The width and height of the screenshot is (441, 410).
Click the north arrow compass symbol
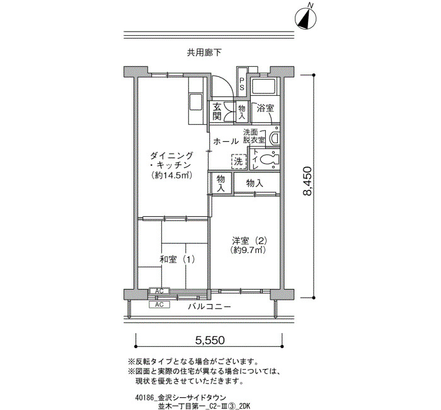click(306, 18)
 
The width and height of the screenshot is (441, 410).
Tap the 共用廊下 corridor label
click(204, 52)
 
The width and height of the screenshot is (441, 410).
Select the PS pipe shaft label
click(241, 84)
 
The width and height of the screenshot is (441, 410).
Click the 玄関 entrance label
click(217, 112)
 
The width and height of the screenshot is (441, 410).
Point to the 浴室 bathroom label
click(265, 108)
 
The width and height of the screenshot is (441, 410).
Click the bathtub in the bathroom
click(263, 86)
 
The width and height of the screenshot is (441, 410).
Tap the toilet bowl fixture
click(268, 160)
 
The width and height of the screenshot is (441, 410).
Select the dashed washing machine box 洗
click(239, 161)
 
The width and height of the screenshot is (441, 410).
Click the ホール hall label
click(226, 141)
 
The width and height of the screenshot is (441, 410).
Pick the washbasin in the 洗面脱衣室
click(274, 138)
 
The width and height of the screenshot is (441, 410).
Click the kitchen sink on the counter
click(196, 102)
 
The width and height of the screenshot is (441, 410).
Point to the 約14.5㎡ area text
click(171, 176)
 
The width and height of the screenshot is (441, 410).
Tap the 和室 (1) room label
click(177, 259)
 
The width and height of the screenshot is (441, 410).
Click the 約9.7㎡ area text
click(248, 250)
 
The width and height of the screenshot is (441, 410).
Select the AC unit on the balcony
click(159, 305)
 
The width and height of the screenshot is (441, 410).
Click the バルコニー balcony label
click(210, 307)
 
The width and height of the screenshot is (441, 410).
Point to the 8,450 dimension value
click(307, 181)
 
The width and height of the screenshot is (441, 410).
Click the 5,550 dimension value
click(210, 340)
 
